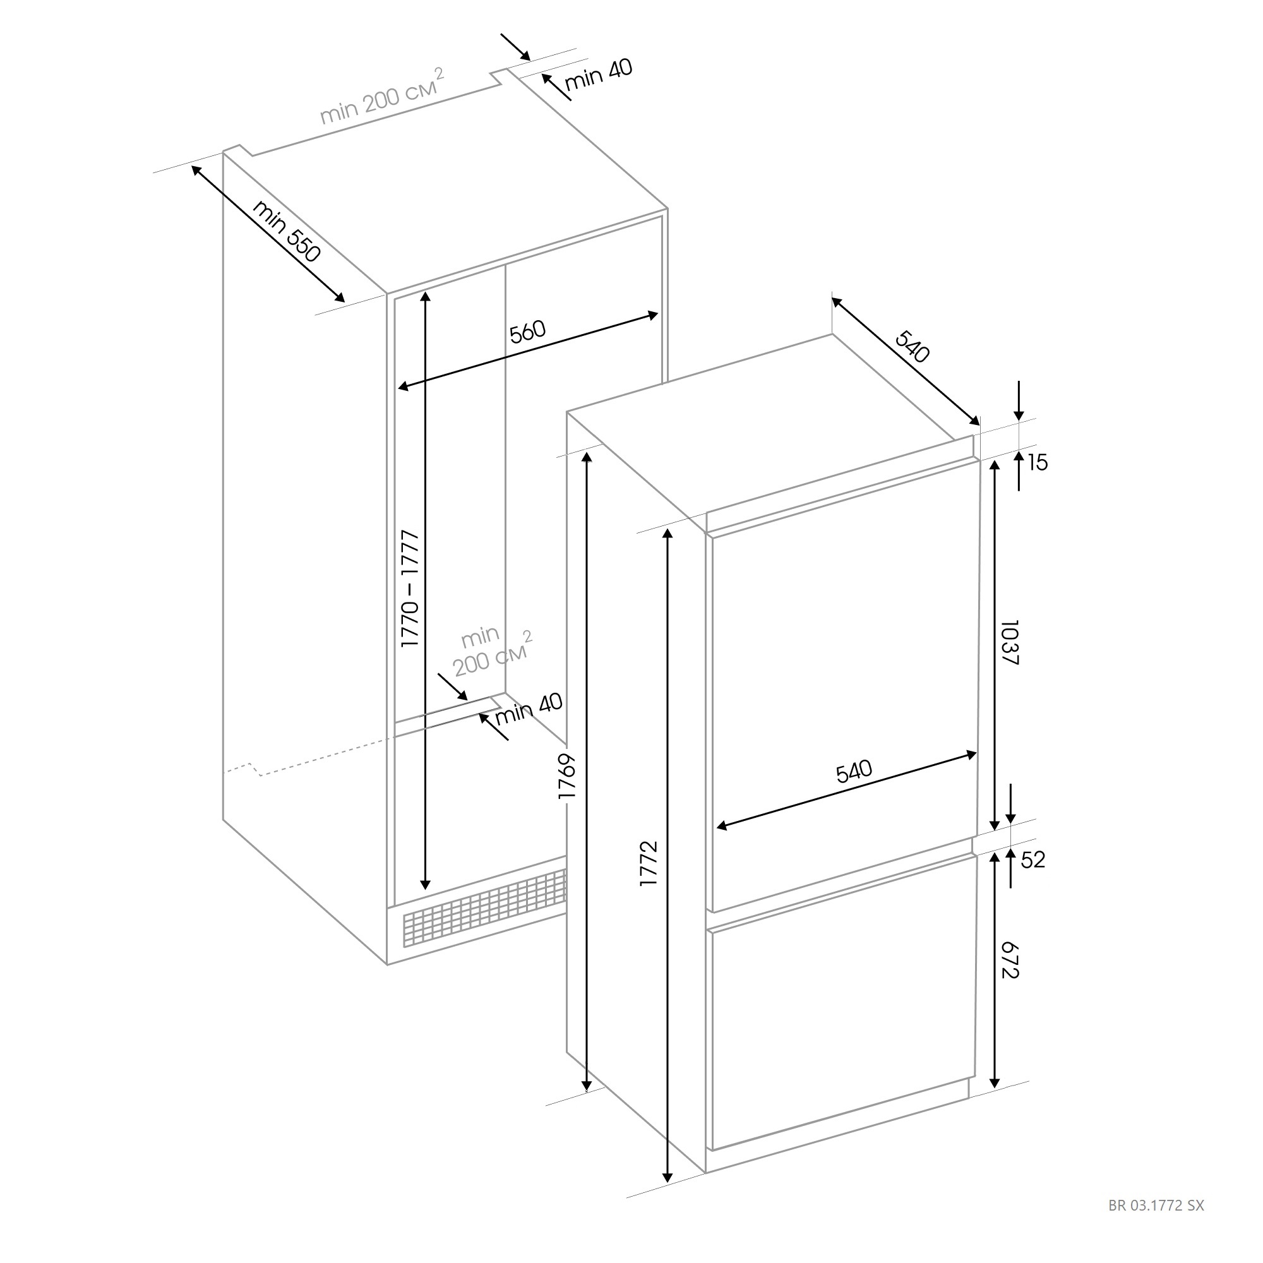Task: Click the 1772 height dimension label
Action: click(x=649, y=863)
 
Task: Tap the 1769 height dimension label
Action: click(x=567, y=776)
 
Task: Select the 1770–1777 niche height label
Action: click(x=410, y=589)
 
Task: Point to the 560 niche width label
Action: click(x=527, y=332)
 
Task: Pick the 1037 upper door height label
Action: click(x=1010, y=643)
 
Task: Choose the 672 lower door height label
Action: click(x=1010, y=959)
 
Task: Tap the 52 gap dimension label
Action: click(x=1033, y=859)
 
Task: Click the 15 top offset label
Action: click(x=1038, y=463)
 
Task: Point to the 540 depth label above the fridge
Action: click(x=912, y=347)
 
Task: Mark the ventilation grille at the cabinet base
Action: click(x=484, y=909)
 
